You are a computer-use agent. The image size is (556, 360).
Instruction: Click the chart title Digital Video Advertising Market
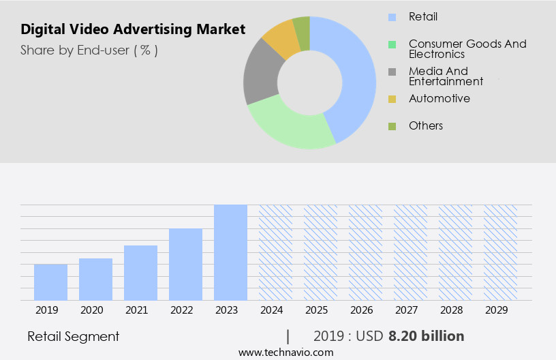[x=133, y=30]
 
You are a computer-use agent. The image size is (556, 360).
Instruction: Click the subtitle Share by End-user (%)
[x=89, y=50]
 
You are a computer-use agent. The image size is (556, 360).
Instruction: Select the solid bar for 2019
[x=50, y=282]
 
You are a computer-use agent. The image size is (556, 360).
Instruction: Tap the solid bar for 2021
[x=140, y=273]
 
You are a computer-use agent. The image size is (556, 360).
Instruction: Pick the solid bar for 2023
[x=230, y=252]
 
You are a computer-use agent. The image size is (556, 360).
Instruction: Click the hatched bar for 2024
[x=275, y=252]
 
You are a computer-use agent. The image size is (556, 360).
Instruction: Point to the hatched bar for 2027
[x=410, y=252]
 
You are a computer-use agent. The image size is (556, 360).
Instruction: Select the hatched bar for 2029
[x=500, y=252]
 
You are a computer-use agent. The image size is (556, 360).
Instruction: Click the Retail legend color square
[x=392, y=17]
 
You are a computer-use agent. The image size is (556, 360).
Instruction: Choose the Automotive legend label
[x=439, y=98]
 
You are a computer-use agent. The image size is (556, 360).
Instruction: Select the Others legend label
[x=425, y=125]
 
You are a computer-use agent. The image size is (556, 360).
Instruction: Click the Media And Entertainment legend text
[x=446, y=76]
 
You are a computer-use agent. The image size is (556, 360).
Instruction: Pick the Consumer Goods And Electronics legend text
[x=467, y=49]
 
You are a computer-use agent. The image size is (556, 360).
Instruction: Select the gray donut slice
[x=261, y=75]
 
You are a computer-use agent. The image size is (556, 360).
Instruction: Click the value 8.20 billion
[x=426, y=336]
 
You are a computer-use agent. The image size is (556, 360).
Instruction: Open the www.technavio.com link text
[x=285, y=352]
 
